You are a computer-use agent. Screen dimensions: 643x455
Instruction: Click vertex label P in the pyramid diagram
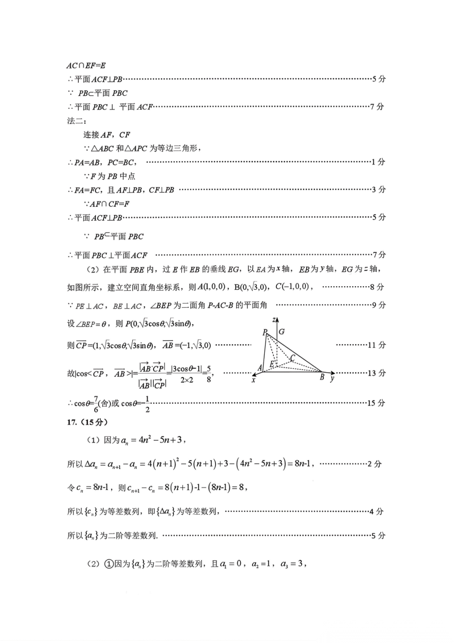coord(265,332)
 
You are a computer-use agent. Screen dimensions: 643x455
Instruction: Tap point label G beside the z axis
coord(281,331)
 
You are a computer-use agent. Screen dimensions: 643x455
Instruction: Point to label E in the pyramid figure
coord(272,364)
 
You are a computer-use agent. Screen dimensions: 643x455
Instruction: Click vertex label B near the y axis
coord(322,377)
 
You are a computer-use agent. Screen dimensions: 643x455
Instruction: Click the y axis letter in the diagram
coord(332,379)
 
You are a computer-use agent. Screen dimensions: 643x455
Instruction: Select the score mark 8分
coord(377,287)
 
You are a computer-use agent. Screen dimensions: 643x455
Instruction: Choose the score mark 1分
coord(378,162)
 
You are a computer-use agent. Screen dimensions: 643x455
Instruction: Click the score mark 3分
coord(379,189)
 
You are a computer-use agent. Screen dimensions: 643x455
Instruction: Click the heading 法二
coord(76,121)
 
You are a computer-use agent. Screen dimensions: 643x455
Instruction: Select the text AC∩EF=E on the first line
coord(86,65)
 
